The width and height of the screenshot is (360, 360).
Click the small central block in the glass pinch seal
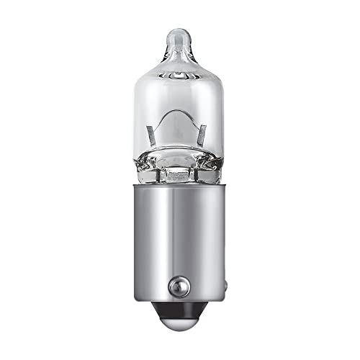click(176, 173)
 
